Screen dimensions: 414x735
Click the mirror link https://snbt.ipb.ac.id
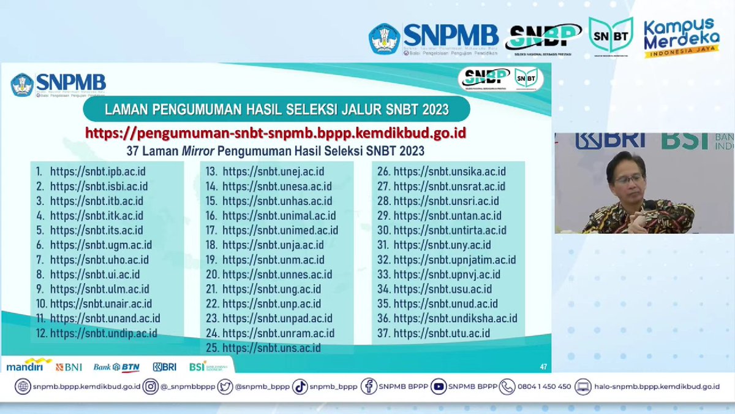pos(97,171)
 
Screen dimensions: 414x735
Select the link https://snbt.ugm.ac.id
pos(101,245)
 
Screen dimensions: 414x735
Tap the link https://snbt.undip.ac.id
pos(104,333)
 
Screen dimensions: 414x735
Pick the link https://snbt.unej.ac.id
pos(273,171)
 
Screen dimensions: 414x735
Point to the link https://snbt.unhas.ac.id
pos(277,201)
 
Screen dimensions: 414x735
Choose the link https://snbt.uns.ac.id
pos(271,348)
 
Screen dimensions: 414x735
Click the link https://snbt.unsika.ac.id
pos(450,171)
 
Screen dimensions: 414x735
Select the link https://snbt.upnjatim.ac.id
pos(454,259)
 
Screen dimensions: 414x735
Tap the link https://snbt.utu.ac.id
pos(442,333)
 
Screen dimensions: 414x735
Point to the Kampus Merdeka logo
pos(680,37)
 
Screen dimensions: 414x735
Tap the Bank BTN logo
pos(116,367)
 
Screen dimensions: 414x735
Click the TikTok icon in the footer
pos(300,386)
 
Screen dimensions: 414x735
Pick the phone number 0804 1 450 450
pos(544,386)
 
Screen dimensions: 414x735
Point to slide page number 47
pos(543,367)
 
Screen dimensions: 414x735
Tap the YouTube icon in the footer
pos(438,386)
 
